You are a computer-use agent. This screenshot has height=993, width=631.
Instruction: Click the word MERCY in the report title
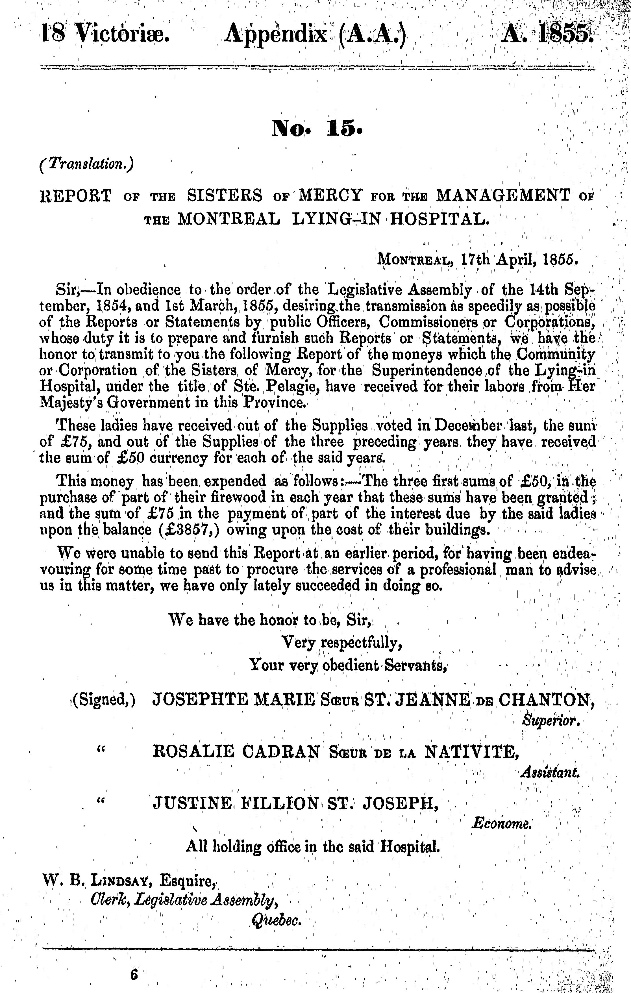(x=331, y=195)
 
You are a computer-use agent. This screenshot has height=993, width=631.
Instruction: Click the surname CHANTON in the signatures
(x=545, y=699)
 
